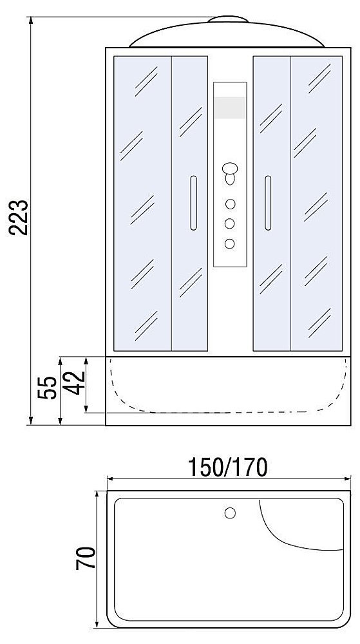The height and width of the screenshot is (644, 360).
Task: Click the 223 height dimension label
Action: tap(19, 217)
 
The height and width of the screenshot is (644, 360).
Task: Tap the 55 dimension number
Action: tap(47, 387)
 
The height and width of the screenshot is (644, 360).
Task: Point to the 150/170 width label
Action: tap(227, 467)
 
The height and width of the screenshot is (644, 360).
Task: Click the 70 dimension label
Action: tap(86, 558)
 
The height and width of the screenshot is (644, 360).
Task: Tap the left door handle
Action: tap(193, 203)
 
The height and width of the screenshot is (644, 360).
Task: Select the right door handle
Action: tap(268, 203)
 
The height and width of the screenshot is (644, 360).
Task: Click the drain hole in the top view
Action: tap(230, 513)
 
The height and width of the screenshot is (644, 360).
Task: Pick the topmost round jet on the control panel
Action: tap(230, 204)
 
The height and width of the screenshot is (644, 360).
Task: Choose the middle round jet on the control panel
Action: tap(230, 223)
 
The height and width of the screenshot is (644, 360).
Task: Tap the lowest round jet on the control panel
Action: tap(230, 243)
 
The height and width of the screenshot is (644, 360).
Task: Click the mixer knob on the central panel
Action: tap(230, 173)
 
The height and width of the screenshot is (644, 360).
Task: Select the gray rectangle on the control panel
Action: tap(230, 108)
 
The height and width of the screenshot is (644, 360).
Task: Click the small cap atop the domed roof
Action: tap(228, 19)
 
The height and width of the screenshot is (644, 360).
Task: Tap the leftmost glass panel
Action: tap(142, 204)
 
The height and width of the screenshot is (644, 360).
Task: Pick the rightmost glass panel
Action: tap(316, 204)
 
